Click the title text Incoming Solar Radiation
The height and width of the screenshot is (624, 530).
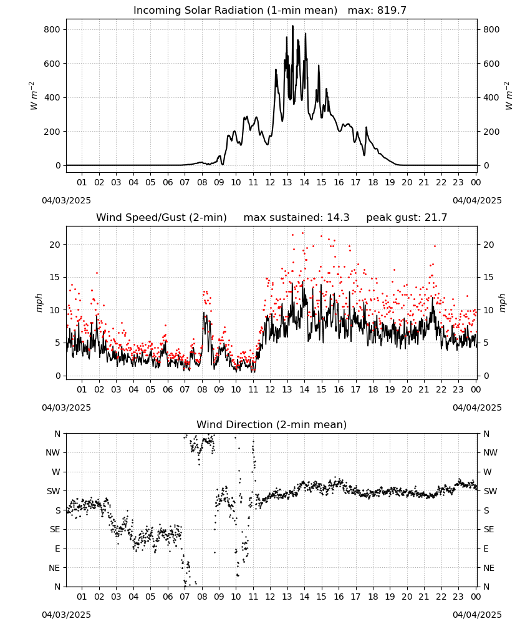click(198, 11)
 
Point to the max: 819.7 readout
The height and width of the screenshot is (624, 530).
click(377, 11)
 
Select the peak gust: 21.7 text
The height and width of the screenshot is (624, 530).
click(407, 218)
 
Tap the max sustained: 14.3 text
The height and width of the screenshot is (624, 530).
click(296, 218)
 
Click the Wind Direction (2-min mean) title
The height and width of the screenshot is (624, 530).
click(272, 424)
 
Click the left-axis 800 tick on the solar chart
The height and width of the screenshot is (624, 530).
click(52, 29)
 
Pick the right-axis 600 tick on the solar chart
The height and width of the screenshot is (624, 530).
click(491, 64)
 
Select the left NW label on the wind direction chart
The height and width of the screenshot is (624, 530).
click(53, 452)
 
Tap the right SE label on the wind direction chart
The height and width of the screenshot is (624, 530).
click(489, 529)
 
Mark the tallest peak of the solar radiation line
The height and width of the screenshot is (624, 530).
click(292, 26)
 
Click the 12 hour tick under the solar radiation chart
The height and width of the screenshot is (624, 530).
click(270, 182)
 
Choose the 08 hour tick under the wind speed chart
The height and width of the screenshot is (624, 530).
click(202, 389)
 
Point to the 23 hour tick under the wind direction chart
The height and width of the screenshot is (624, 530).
click(458, 597)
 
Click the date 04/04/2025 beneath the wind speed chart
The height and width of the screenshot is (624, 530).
click(477, 407)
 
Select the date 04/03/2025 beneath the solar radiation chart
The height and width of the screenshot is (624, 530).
click(66, 200)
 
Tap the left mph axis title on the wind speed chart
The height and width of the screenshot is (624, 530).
click(39, 303)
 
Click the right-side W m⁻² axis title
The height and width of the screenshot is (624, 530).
click(509, 96)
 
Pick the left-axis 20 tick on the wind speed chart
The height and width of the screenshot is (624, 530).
click(55, 245)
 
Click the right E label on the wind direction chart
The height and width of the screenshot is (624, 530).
click(486, 548)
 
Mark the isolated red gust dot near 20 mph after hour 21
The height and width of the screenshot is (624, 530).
click(435, 246)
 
